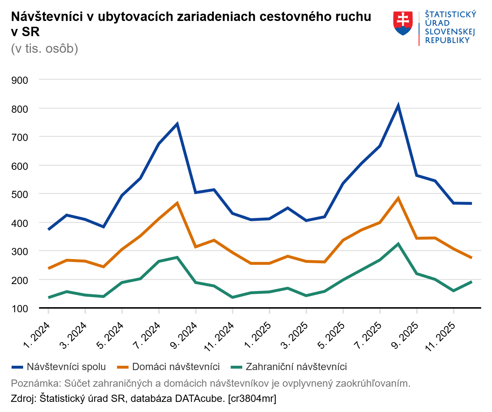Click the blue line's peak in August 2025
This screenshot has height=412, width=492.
click(398, 106)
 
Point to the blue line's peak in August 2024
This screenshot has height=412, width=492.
click(177, 124)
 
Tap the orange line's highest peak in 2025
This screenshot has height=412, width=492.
click(398, 198)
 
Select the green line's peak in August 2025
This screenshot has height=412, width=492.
click(398, 244)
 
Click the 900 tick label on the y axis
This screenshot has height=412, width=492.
click(20, 80)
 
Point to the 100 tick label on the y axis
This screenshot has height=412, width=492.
click(20, 309)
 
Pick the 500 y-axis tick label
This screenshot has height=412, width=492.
click(20, 194)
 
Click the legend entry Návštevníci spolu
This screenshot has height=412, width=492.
click(66, 367)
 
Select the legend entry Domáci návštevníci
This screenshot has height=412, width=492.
click(176, 367)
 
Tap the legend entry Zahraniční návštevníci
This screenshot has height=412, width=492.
click(296, 367)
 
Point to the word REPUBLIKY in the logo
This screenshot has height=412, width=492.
click(447, 40)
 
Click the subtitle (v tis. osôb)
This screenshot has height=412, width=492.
click(44, 48)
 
